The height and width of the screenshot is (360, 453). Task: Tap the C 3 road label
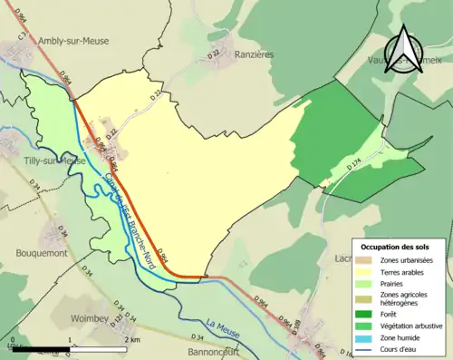(x=21, y=38)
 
